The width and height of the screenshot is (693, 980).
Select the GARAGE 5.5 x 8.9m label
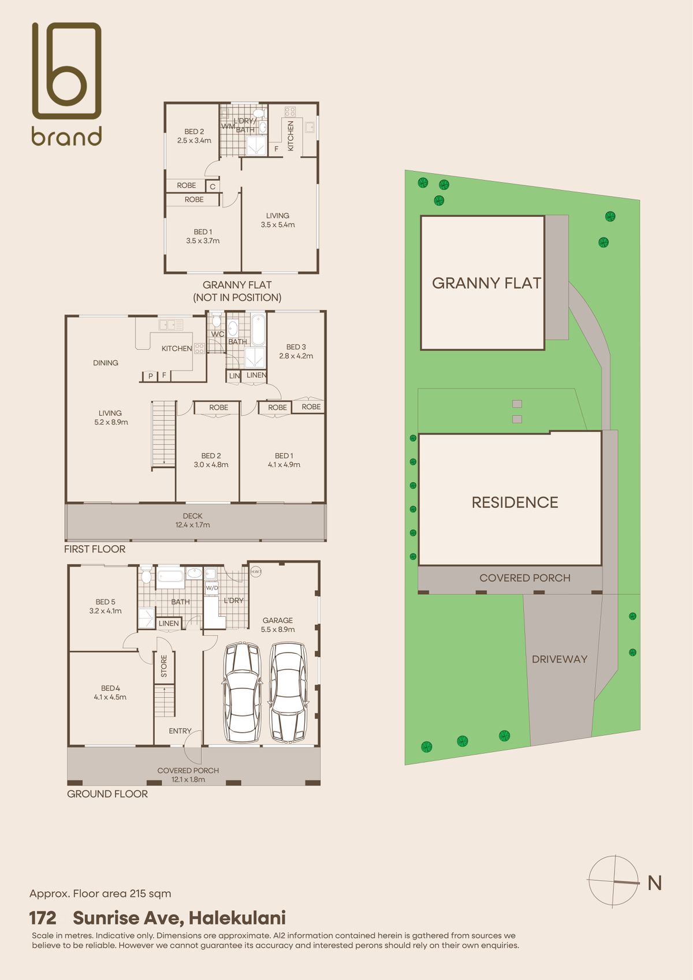coord(278,625)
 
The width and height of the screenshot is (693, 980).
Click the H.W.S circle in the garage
coord(255,571)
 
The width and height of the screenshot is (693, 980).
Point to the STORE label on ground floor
coord(164,666)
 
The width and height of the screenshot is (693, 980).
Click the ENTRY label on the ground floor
coord(180,731)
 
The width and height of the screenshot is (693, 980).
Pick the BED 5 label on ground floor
coord(106,606)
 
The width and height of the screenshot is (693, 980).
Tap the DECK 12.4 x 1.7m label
coord(192,520)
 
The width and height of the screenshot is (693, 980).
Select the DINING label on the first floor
coord(106,363)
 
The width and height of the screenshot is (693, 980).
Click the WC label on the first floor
coord(218,334)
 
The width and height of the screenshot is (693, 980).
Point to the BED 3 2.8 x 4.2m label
coord(296,351)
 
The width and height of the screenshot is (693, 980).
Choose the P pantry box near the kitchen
coord(151,376)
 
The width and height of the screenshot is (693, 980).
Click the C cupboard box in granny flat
coord(212,187)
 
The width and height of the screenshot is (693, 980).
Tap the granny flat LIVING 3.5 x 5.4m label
coord(278,220)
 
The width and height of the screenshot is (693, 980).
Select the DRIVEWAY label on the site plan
coord(560,659)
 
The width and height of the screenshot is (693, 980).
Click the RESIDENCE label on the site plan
coord(515,502)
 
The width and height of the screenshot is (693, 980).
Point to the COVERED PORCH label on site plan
coord(525,578)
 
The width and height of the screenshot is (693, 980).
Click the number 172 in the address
coord(43,918)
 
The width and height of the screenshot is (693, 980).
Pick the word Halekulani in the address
coord(237,918)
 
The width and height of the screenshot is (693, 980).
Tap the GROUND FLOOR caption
coord(107,794)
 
